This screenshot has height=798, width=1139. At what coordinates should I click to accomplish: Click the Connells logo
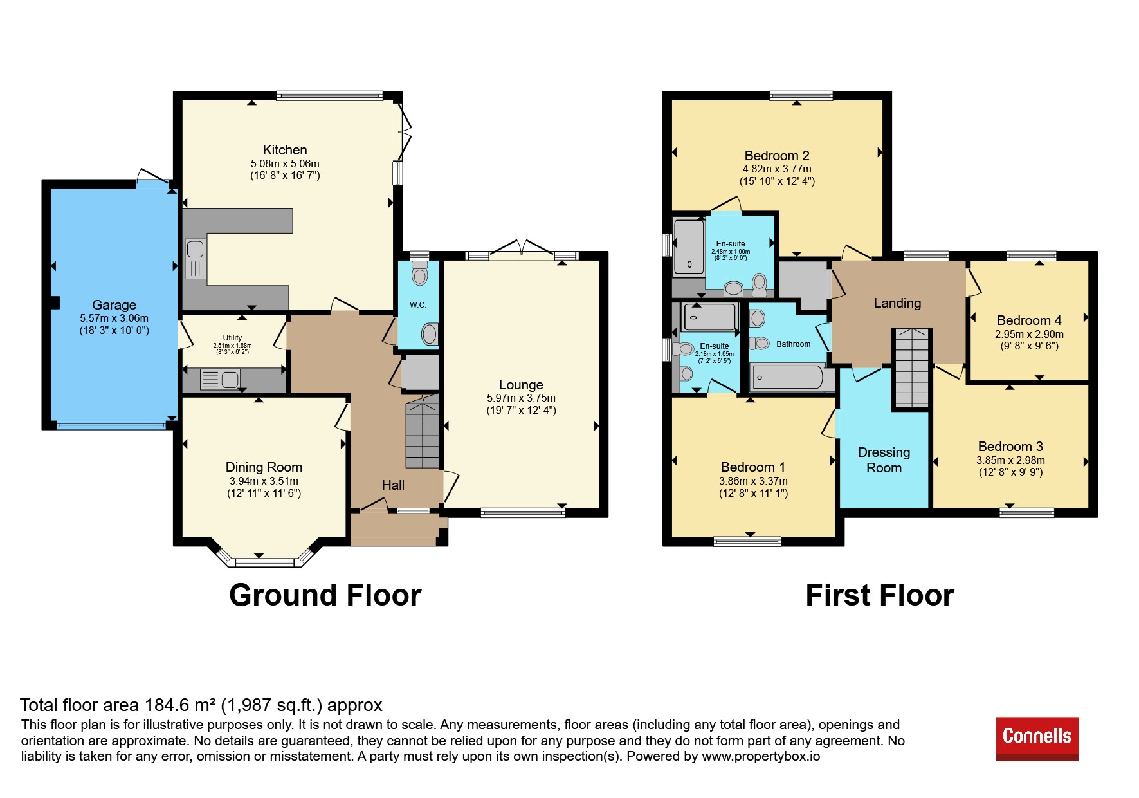click(1037, 739)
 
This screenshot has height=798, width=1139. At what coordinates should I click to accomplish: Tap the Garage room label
click(114, 305)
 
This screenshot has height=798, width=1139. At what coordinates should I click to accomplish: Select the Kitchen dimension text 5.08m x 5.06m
click(285, 163)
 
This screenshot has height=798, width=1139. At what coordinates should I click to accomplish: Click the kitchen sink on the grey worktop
click(196, 259)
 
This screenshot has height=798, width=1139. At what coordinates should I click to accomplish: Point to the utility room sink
click(220, 379)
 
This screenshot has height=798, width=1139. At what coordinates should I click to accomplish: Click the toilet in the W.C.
click(420, 273)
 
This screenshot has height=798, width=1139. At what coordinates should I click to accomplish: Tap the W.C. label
click(418, 305)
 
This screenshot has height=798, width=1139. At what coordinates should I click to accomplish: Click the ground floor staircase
click(423, 432)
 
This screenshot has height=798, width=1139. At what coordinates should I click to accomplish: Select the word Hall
click(393, 485)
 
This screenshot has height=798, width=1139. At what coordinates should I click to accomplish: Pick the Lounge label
click(521, 385)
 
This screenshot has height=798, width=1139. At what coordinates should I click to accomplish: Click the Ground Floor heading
click(325, 595)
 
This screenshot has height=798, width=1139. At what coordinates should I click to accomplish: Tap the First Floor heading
click(880, 595)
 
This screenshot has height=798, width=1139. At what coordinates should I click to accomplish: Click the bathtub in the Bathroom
click(788, 378)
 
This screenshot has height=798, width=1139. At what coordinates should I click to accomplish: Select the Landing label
click(897, 303)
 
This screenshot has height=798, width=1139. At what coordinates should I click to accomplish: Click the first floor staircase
click(912, 367)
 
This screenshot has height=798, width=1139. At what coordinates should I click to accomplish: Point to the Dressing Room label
click(884, 460)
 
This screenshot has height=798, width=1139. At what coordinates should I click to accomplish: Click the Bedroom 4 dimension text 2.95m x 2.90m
click(1029, 334)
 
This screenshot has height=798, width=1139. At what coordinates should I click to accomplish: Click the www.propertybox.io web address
click(761, 756)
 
